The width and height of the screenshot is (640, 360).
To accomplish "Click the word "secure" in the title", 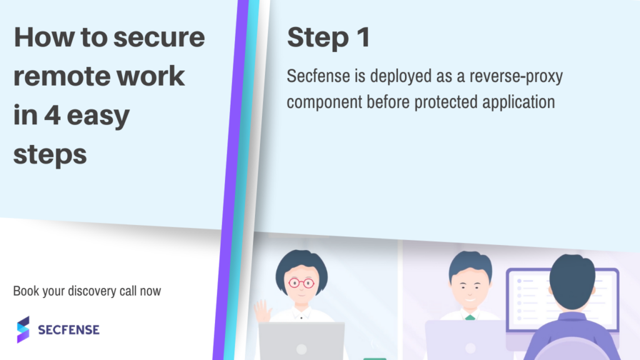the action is pos(159,37).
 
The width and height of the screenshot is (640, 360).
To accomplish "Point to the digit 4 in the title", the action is pos(52,115).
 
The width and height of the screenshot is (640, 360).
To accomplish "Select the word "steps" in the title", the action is pos(50,155).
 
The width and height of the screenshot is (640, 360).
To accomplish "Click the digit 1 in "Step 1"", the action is pos(364,37).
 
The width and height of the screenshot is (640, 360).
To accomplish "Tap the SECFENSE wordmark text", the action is pos(69,330).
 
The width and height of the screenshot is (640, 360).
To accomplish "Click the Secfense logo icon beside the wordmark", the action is pos(23,329).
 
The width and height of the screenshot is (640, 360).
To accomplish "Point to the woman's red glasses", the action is pos(301,282).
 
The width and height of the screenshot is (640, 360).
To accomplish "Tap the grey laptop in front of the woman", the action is pos(302,341).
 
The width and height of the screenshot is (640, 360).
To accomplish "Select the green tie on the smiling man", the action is pos(470,317).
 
